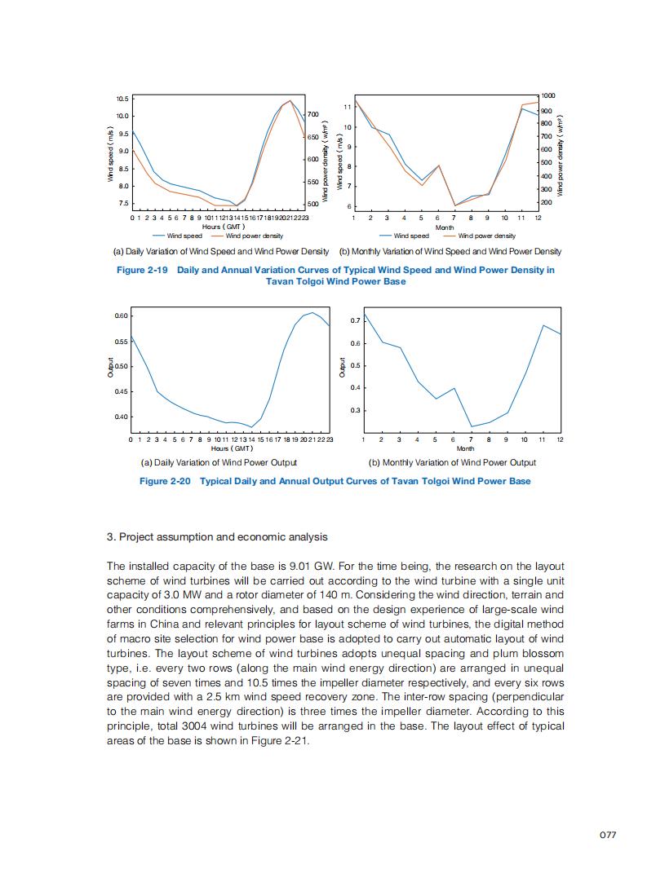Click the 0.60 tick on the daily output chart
pos(122,315)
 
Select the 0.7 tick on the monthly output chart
pos(355,320)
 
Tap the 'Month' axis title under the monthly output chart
pos(465,448)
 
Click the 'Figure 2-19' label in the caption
pos(143,270)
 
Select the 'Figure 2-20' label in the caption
pos(165,481)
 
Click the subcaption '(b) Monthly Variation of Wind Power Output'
pos(451,462)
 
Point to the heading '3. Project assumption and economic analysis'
pos(217,536)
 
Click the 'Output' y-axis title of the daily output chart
pos(110,368)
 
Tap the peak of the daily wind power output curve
pos(312,312)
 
